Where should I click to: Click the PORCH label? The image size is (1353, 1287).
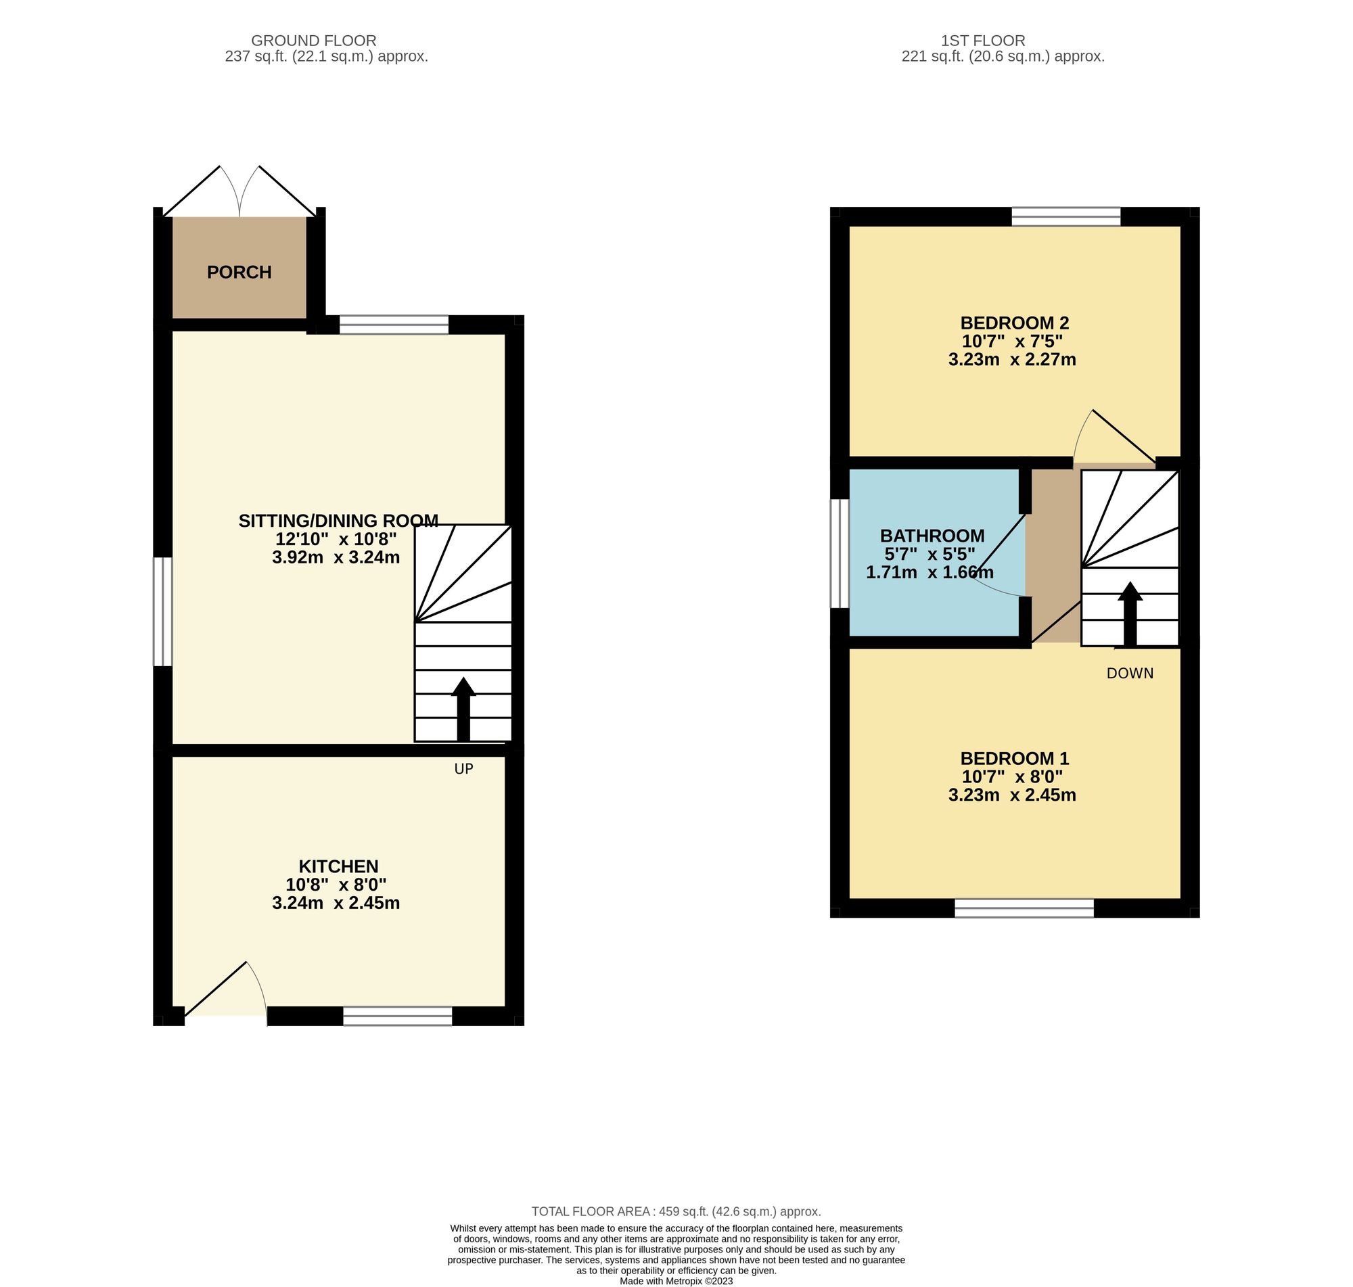(x=239, y=273)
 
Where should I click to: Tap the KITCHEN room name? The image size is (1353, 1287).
(x=338, y=866)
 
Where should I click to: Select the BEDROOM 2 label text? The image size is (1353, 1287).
(x=1014, y=323)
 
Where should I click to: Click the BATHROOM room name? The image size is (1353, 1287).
(x=932, y=535)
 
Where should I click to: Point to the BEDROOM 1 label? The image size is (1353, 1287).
(x=1014, y=758)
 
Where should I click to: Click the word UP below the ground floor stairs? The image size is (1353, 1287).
(x=464, y=769)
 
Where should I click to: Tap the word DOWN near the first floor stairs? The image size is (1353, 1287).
(x=1129, y=674)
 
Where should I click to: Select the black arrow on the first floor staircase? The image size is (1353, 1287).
(x=1129, y=613)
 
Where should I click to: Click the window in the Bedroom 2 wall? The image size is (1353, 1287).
(x=1065, y=217)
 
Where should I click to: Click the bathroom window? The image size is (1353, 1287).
(x=840, y=553)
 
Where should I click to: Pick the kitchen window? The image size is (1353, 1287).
(x=397, y=1016)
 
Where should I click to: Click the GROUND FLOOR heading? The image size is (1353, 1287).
(x=313, y=41)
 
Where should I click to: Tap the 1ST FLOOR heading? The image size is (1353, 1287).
(x=1003, y=41)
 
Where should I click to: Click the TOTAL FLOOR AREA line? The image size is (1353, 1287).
(x=676, y=1211)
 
